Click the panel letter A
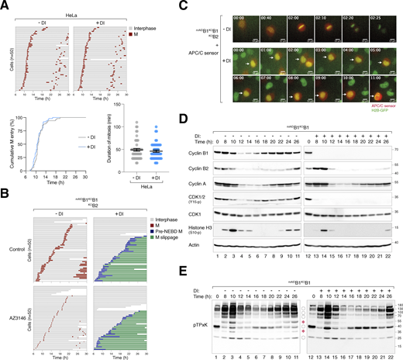coord(5,5)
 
